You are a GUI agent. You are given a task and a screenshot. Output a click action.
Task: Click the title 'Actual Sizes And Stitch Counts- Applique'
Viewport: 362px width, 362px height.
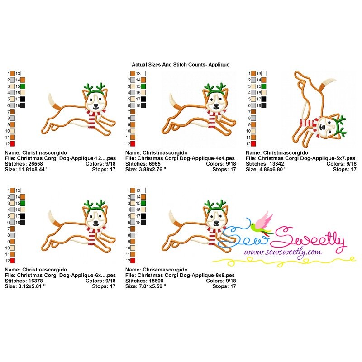(181, 65)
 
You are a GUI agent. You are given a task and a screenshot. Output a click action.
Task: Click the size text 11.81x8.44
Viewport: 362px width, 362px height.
(33, 169)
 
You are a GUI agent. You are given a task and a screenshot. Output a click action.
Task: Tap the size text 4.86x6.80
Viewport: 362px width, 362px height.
(273, 169)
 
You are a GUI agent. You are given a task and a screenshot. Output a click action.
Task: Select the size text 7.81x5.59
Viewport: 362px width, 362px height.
(152, 286)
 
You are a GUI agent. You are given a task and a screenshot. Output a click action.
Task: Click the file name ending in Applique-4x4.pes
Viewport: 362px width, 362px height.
(186, 158)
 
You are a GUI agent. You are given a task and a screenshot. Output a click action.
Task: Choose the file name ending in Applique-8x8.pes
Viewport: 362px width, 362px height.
(186, 276)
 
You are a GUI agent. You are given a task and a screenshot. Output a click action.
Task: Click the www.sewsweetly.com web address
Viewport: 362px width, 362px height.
(283, 252)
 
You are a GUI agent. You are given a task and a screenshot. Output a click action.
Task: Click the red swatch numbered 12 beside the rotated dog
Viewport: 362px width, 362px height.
(253, 144)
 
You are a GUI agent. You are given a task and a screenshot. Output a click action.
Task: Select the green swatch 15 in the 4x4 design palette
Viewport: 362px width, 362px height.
(143, 86)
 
